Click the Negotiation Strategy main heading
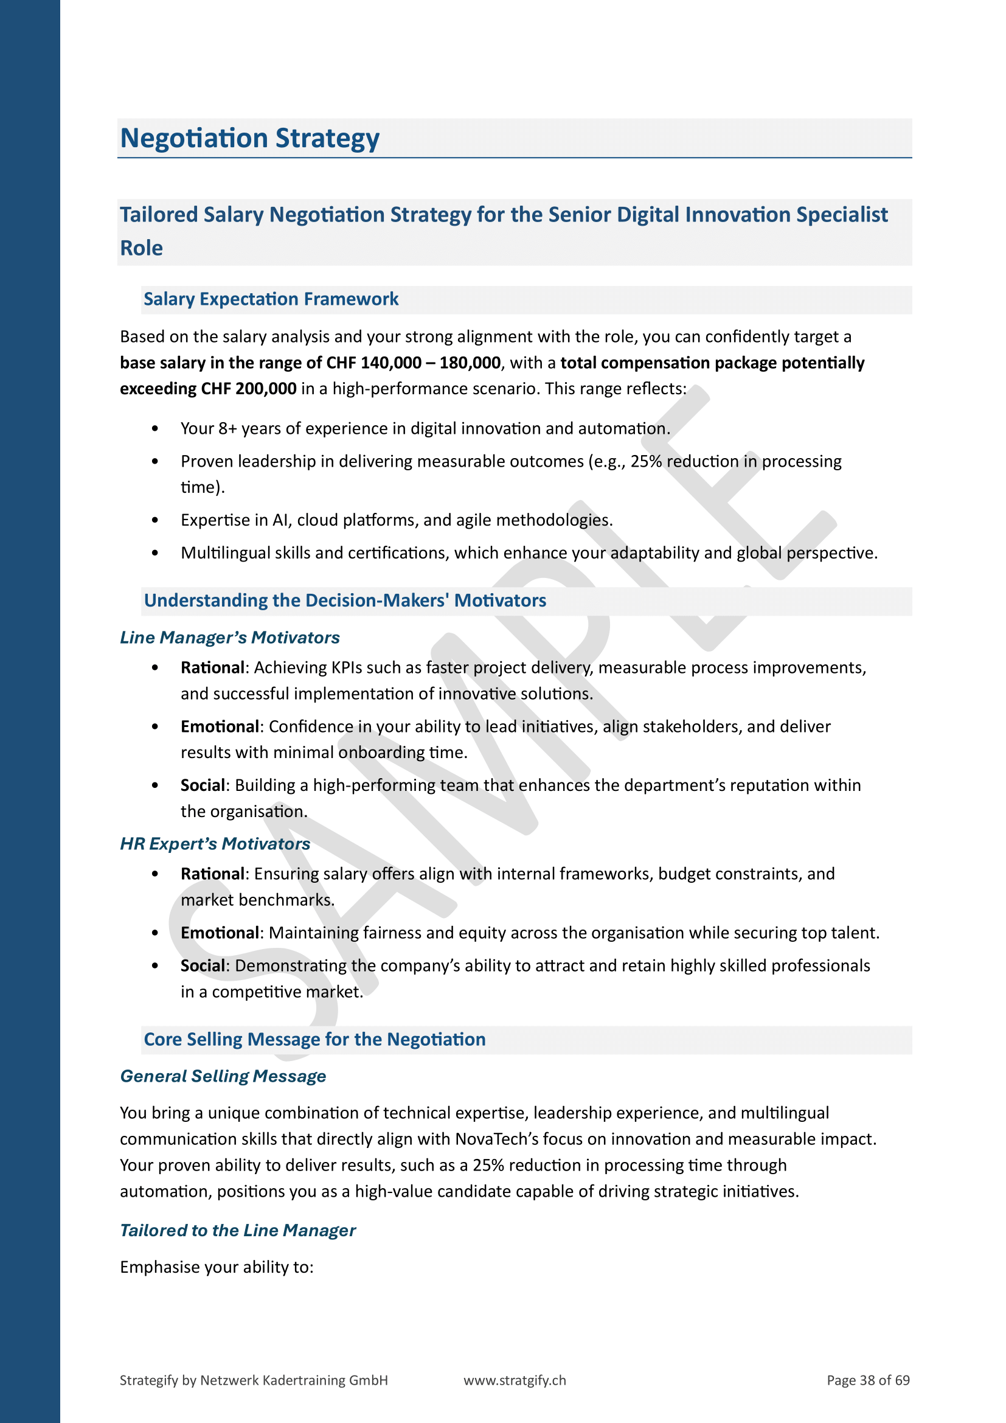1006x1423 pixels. [249, 138]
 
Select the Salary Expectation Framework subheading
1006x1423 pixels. [271, 299]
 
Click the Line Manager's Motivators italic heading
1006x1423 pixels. [229, 637]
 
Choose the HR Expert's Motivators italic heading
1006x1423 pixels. [214, 843]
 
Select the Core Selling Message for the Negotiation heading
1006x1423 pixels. [314, 1039]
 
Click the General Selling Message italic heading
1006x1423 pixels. [223, 1076]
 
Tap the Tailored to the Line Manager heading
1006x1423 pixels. [237, 1230]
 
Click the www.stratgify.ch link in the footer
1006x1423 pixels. [514, 1380]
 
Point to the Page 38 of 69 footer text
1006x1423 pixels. [868, 1380]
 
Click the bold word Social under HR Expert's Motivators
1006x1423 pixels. [203, 965]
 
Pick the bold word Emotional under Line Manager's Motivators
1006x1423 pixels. [220, 726]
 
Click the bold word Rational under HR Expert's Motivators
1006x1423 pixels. [212, 874]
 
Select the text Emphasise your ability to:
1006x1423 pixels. [217, 1267]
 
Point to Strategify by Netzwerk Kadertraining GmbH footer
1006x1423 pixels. [254, 1380]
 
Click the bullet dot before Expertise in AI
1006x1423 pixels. [155, 520]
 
